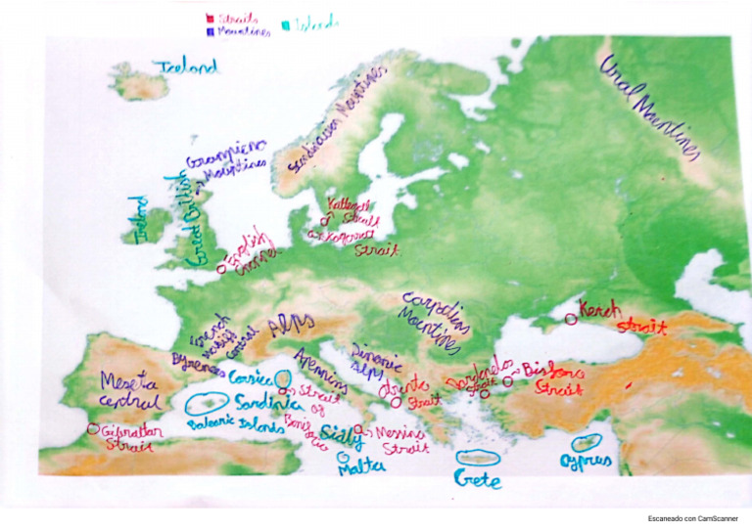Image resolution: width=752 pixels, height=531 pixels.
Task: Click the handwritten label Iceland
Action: (185, 67)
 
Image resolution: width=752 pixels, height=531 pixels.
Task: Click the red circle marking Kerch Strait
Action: (571, 318)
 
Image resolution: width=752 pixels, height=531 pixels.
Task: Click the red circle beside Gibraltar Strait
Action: (93, 428)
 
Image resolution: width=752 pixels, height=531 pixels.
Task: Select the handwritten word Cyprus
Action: (586, 461)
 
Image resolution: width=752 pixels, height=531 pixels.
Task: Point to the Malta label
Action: (360, 468)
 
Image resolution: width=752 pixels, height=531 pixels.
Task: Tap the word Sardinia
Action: (265, 402)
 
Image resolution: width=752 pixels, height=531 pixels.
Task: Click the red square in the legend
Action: (210, 18)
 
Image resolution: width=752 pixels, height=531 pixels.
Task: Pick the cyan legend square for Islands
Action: (286, 23)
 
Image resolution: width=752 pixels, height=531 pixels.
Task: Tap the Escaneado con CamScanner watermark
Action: (692, 517)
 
